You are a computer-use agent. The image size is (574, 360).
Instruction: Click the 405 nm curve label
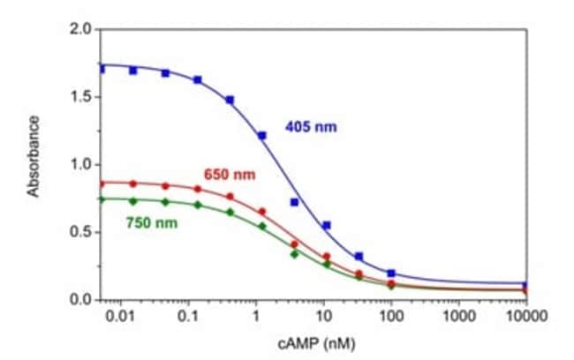coord(311,127)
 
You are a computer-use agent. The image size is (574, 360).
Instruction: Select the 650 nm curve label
coord(232,175)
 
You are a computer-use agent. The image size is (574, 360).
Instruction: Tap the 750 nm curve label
coord(154,222)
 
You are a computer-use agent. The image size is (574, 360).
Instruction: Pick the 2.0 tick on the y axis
coord(81,29)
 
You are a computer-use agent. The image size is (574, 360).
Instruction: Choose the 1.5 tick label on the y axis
coord(81,97)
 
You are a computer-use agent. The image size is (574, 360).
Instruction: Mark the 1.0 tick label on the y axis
coord(81,165)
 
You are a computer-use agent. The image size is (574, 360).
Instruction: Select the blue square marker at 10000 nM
coord(526,286)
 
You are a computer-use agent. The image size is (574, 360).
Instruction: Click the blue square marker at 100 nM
coord(391,274)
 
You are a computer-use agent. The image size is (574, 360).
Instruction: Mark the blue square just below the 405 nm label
coord(294,202)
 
